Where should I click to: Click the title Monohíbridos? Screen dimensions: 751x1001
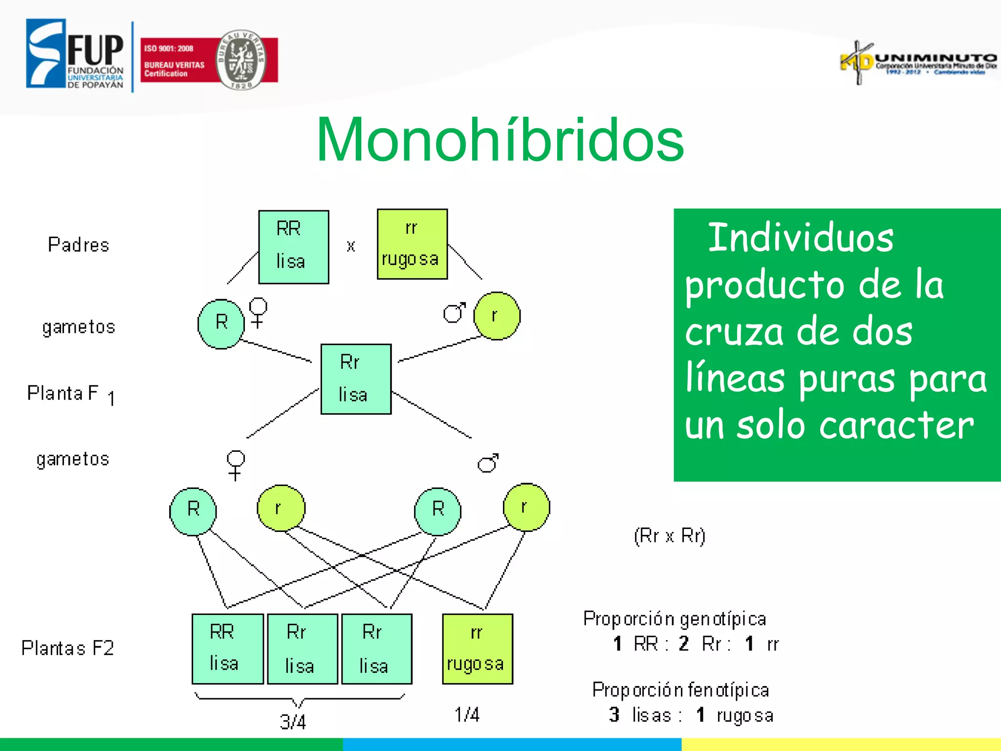pos(500,140)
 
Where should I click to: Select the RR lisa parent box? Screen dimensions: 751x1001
pos(293,247)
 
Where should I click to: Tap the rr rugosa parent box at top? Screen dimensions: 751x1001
pos(412,244)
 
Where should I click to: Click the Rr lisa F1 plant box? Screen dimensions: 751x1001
pos(355,379)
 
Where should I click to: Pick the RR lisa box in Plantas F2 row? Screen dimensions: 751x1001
pos(227,648)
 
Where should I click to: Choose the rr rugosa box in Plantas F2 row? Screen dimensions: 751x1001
pos(477,648)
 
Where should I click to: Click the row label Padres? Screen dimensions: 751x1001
pos(78,244)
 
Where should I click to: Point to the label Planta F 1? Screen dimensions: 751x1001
pos(71,394)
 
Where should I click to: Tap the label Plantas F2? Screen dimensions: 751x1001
pos(67,648)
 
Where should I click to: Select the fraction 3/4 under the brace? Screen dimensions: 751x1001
pos(293,722)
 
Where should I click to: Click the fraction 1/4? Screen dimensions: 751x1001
pos(467,715)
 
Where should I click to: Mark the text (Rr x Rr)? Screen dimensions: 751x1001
pos(669,536)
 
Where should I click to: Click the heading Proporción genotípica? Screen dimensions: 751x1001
pos(675,619)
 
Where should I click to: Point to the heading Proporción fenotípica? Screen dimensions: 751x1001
pos(680,690)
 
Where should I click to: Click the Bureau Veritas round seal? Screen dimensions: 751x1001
pos(240,60)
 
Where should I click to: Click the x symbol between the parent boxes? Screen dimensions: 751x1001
pos(350,246)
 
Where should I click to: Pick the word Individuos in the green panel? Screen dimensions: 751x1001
pos(800,238)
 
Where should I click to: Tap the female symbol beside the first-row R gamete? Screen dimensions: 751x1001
pos(258,313)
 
